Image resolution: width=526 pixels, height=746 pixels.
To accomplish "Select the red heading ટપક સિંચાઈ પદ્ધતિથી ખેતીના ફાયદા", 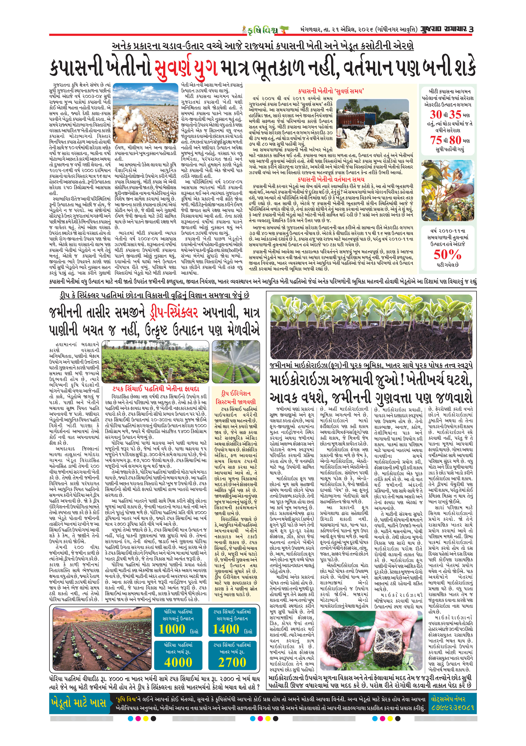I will (156, 389).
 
